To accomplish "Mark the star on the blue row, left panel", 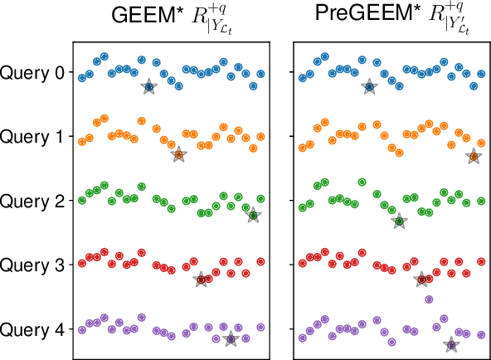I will pyautogui.click(x=148, y=86).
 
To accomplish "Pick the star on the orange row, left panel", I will pyautogui.click(x=177, y=154).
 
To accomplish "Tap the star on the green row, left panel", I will pyautogui.click(x=254, y=216).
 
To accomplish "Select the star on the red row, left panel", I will pyautogui.click(x=202, y=280).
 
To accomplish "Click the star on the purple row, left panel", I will pyautogui.click(x=231, y=338).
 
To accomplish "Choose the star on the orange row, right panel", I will pyautogui.click(x=473, y=156).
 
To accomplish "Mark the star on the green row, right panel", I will pyautogui.click(x=399, y=221).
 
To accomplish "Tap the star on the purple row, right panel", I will pyautogui.click(x=451, y=343).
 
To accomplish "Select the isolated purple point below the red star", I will pyautogui.click(x=429, y=299).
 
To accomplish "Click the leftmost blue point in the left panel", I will pyautogui.click(x=82, y=78).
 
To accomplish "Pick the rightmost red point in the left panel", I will pyautogui.click(x=260, y=262).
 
